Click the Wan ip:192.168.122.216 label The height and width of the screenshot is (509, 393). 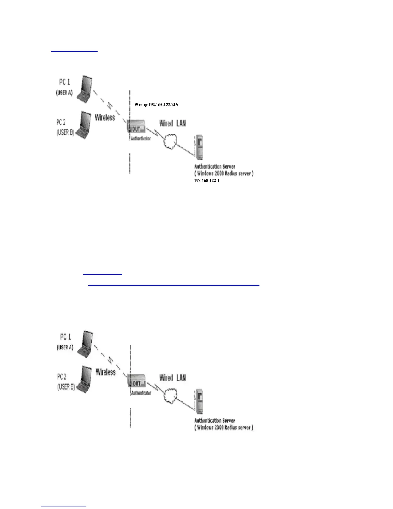tap(156, 104)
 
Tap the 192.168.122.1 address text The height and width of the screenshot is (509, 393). tap(207, 181)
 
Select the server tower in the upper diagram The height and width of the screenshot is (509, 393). tap(199, 147)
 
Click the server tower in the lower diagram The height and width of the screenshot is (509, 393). tap(199, 402)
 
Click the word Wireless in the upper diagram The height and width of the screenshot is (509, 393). tap(105, 118)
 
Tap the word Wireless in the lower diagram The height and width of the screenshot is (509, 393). tap(105, 372)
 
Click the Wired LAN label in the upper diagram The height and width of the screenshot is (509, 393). tap(172, 123)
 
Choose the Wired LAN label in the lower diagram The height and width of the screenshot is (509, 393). tap(172, 378)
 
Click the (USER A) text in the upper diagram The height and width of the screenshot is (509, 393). tap(65, 93)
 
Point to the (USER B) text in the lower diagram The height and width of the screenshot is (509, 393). tap(66, 387)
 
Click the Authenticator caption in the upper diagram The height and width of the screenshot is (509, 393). tap(141, 139)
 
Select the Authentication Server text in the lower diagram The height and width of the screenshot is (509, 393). tap(215, 421)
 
